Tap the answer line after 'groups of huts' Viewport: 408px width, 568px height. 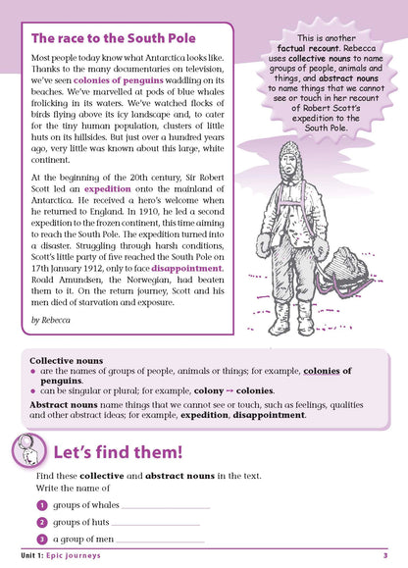click(157, 524)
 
